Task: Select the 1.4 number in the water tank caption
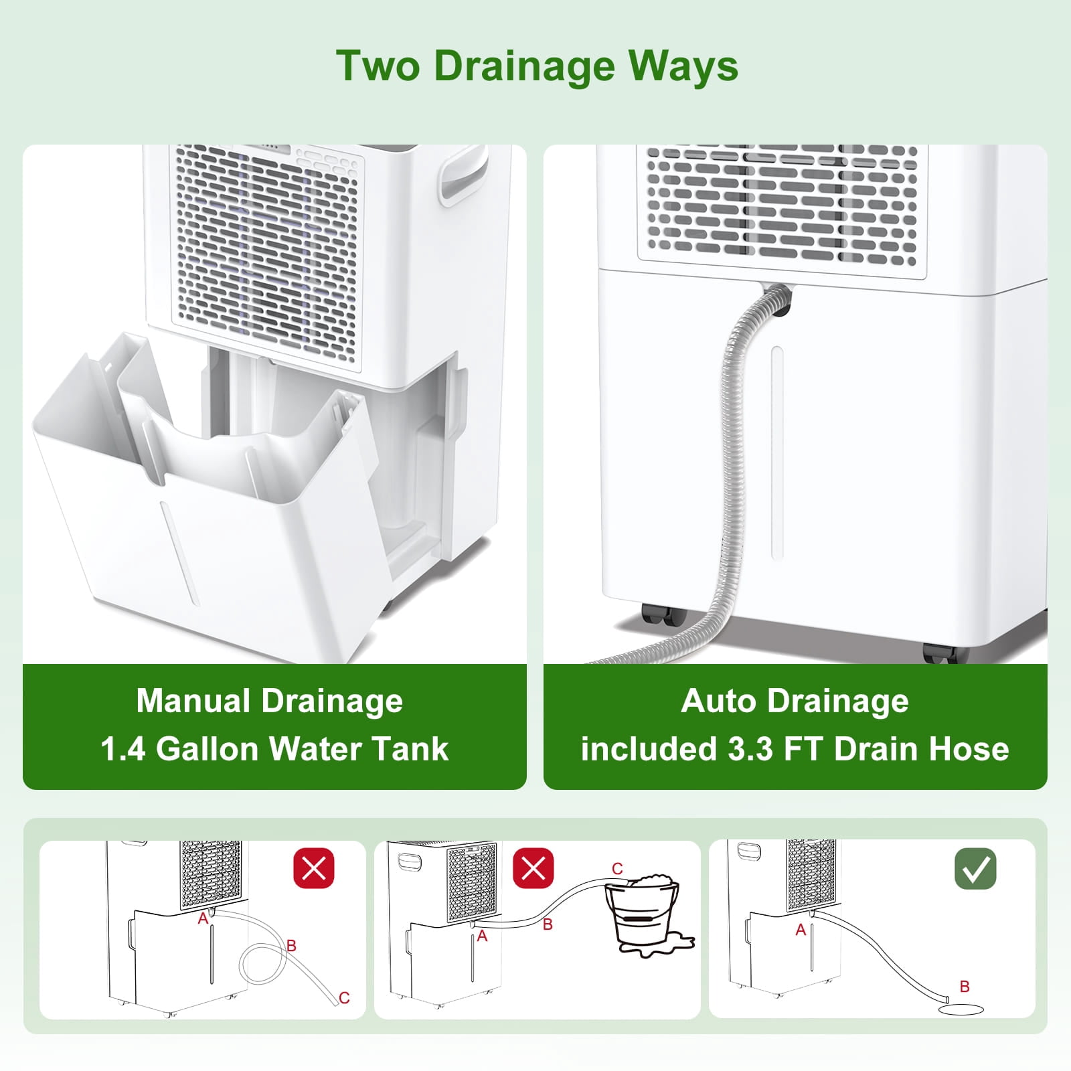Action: point(122,749)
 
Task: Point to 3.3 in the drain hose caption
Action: point(750,749)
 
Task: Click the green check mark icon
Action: point(975,869)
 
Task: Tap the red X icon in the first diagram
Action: point(314,869)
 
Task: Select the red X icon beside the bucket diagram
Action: point(533,869)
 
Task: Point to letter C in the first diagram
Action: point(344,998)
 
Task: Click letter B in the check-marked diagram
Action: point(965,986)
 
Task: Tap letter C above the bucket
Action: point(617,869)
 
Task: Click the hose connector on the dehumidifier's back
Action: point(778,295)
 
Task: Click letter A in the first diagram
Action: point(203,920)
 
